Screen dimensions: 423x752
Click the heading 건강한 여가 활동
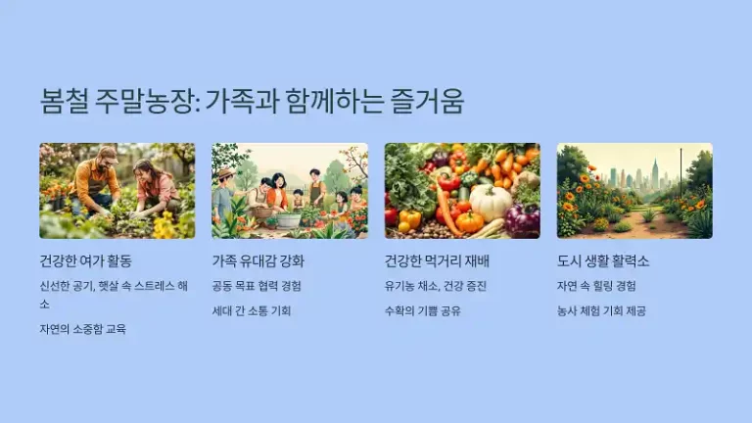coord(85,261)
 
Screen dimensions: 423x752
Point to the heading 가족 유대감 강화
coord(258,261)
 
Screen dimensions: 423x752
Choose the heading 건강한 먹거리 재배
coord(437,261)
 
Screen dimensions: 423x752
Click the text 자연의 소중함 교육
coord(82,329)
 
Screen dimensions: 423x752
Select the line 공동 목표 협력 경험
coord(257,286)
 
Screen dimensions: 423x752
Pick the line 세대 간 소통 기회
coord(252,311)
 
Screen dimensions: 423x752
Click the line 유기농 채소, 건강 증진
coord(436,286)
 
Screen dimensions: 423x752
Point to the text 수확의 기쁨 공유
coord(423,311)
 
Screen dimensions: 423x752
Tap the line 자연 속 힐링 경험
coord(595,286)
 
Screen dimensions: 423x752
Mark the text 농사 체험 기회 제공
coord(601,311)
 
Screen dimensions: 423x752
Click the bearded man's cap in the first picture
coord(107,152)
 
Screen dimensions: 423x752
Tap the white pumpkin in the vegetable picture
coord(491,201)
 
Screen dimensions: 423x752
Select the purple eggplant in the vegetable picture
coord(522,219)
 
